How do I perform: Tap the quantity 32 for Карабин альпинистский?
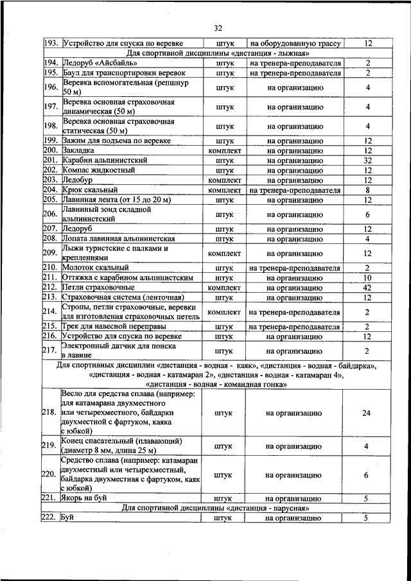(367, 160)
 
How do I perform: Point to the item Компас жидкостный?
(98, 171)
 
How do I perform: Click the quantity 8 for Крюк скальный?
(367, 191)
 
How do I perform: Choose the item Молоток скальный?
(96, 268)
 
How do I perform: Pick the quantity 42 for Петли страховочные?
(367, 288)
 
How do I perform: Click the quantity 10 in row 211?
(367, 278)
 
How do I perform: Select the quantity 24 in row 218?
(366, 413)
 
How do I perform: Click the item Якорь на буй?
(89, 498)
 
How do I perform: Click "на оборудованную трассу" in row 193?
(295, 44)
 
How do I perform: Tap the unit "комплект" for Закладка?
(224, 150)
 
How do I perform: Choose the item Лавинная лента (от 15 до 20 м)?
(116, 200)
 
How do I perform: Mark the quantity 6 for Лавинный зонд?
(367, 214)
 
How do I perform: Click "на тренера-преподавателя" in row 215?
(295, 327)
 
